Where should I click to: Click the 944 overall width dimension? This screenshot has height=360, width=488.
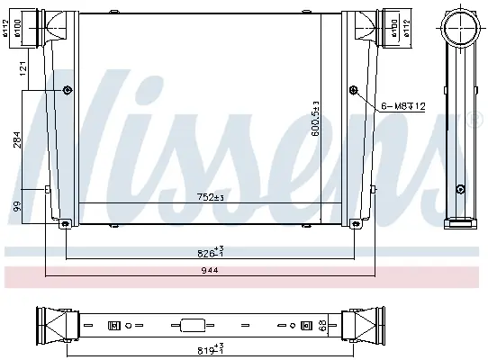click(210, 270)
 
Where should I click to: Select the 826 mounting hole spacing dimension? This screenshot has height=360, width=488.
click(211, 252)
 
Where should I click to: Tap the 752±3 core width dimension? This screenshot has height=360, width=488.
click(211, 197)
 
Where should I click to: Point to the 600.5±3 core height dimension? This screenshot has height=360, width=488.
click(316, 119)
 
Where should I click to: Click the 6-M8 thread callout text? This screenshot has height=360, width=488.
click(403, 106)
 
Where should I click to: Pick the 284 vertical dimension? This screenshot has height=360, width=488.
click(17, 139)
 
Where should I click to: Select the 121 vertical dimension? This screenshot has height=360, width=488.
click(23, 68)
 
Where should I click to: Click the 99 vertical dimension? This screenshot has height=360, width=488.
click(17, 206)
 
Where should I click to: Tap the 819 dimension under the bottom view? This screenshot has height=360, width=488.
click(211, 348)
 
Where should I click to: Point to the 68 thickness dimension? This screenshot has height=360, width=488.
click(323, 326)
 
